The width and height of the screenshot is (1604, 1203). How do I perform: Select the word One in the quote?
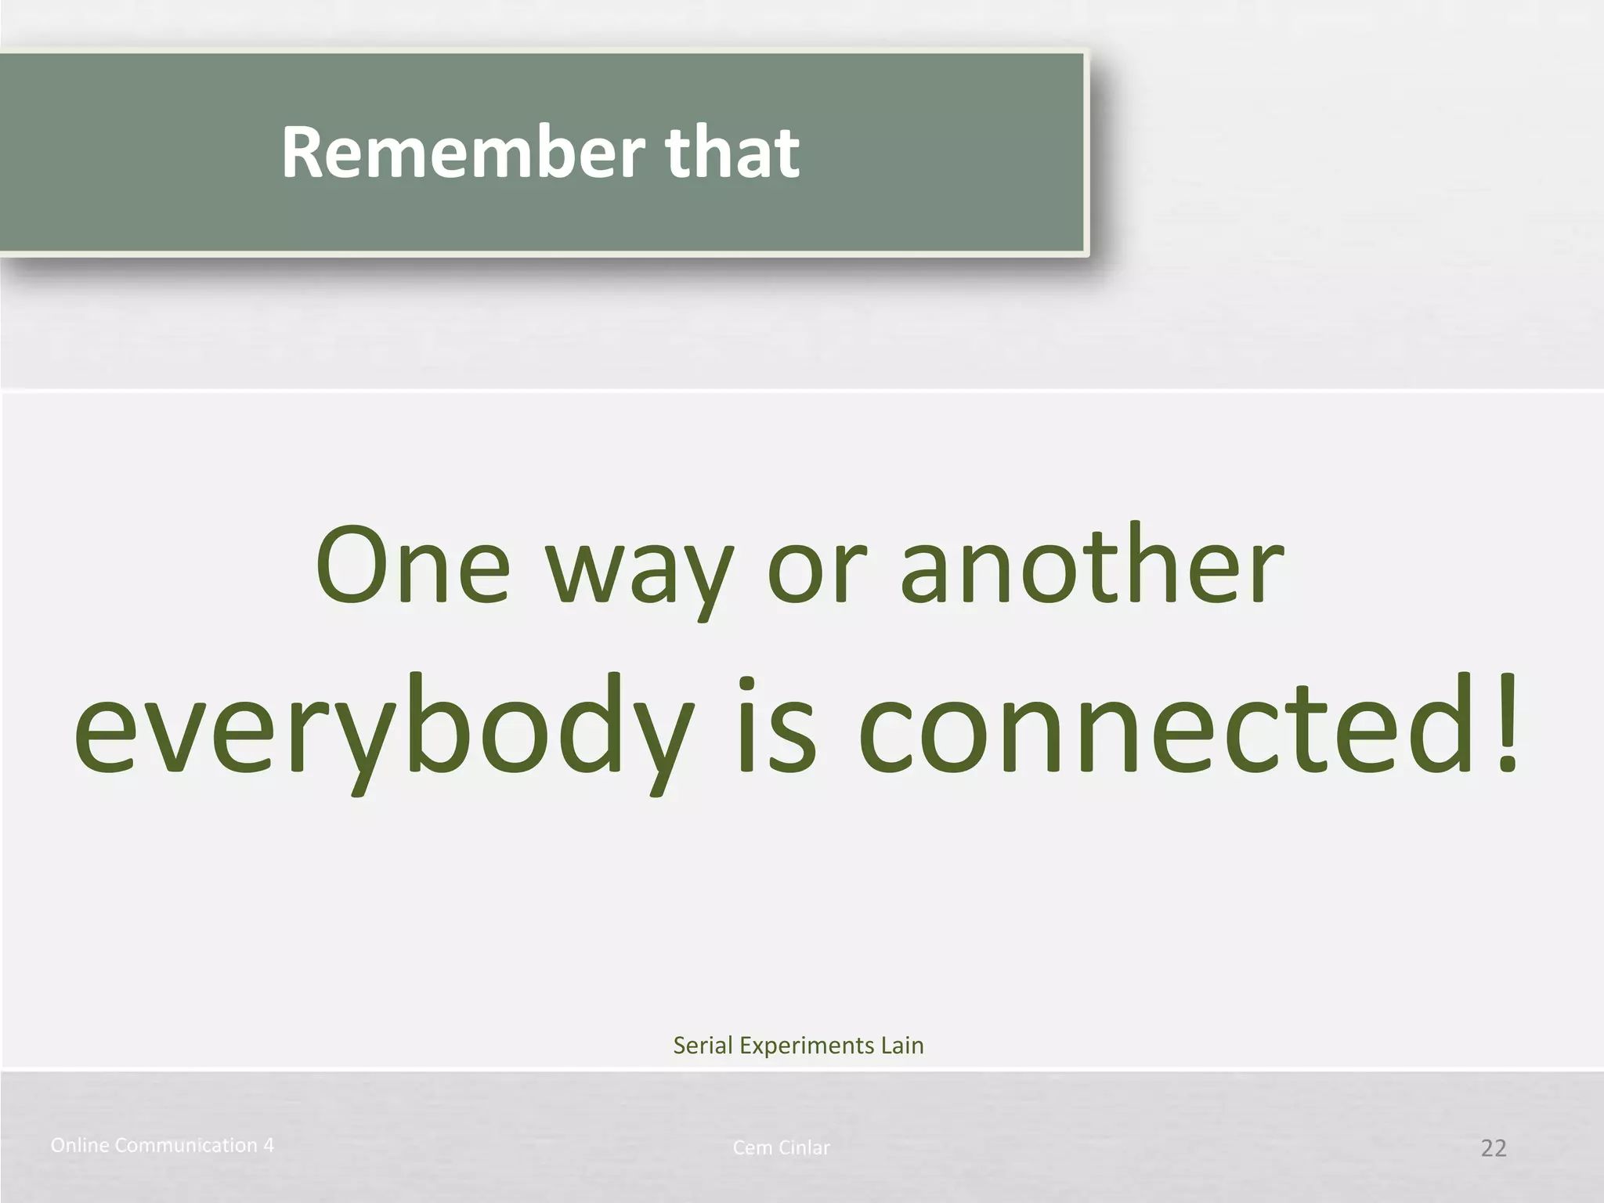point(413,565)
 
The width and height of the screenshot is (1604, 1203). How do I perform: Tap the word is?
point(776,724)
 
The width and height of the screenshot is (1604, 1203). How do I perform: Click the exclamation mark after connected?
point(1505,724)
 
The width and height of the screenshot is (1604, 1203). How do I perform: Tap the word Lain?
point(902,1046)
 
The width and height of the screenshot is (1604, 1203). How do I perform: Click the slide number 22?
point(1493,1148)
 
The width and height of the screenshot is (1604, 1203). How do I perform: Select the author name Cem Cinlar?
point(781,1148)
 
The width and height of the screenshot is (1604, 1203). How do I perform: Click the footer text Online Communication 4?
point(162,1145)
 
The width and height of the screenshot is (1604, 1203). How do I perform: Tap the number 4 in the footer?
point(269,1145)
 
